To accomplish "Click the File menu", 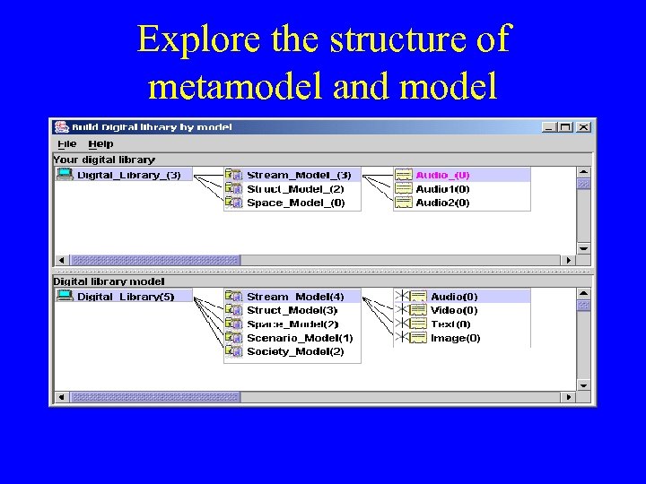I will [67, 143].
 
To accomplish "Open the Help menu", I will [100, 143].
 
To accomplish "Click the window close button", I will [583, 127].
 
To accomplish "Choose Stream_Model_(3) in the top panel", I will [299, 175].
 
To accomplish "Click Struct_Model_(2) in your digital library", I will [295, 189].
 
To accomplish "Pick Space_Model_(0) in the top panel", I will [295, 203].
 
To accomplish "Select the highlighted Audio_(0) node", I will [442, 175].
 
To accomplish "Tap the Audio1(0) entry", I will [442, 189].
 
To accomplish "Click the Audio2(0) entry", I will [442, 203].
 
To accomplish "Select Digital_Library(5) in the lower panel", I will [126, 297].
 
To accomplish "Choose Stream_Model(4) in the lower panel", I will [295, 297].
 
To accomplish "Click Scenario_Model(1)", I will [300, 338].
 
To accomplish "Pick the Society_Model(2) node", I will [295, 351].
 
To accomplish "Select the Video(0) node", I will [454, 310].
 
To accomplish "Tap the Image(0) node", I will [455, 338].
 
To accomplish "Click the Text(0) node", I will [450, 324].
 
